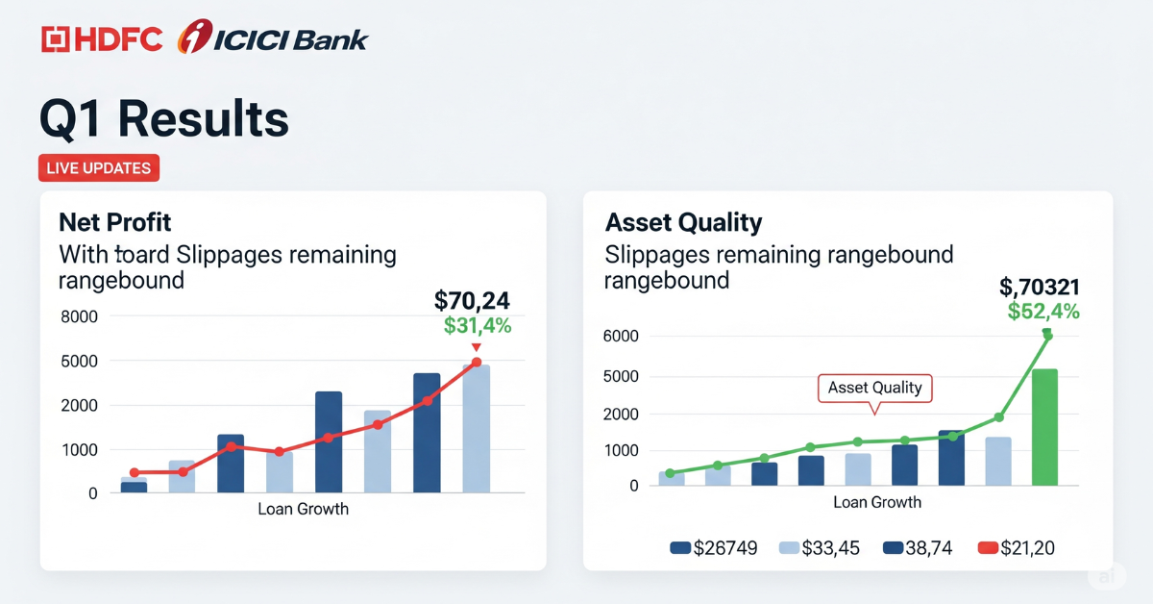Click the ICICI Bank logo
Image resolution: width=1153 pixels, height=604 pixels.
click(273, 38)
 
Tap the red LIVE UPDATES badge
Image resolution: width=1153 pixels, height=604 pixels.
click(99, 168)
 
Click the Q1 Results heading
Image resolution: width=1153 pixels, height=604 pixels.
click(163, 119)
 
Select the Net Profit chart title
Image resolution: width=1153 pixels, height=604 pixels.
click(114, 222)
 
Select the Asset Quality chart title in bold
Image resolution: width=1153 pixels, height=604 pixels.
click(683, 222)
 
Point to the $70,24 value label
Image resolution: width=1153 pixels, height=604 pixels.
click(472, 300)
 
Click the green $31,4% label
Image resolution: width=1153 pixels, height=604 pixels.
click(478, 326)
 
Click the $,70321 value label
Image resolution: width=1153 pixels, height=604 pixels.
click(1039, 286)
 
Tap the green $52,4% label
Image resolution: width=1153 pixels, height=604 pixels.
click(1043, 311)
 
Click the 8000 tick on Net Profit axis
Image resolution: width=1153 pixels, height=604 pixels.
click(79, 317)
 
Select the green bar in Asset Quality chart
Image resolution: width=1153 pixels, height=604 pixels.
click(1044, 427)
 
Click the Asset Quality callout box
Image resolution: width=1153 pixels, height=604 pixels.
click(874, 388)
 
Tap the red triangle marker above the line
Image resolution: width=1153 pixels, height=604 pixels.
click(476, 347)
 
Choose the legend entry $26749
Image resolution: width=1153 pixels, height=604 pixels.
click(713, 548)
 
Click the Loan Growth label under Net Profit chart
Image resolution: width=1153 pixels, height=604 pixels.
click(303, 509)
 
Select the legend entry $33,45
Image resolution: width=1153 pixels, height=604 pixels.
click(818, 548)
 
